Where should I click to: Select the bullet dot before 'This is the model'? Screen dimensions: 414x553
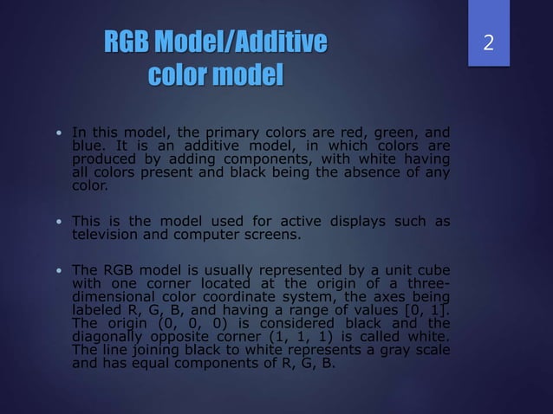click(x=57, y=222)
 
